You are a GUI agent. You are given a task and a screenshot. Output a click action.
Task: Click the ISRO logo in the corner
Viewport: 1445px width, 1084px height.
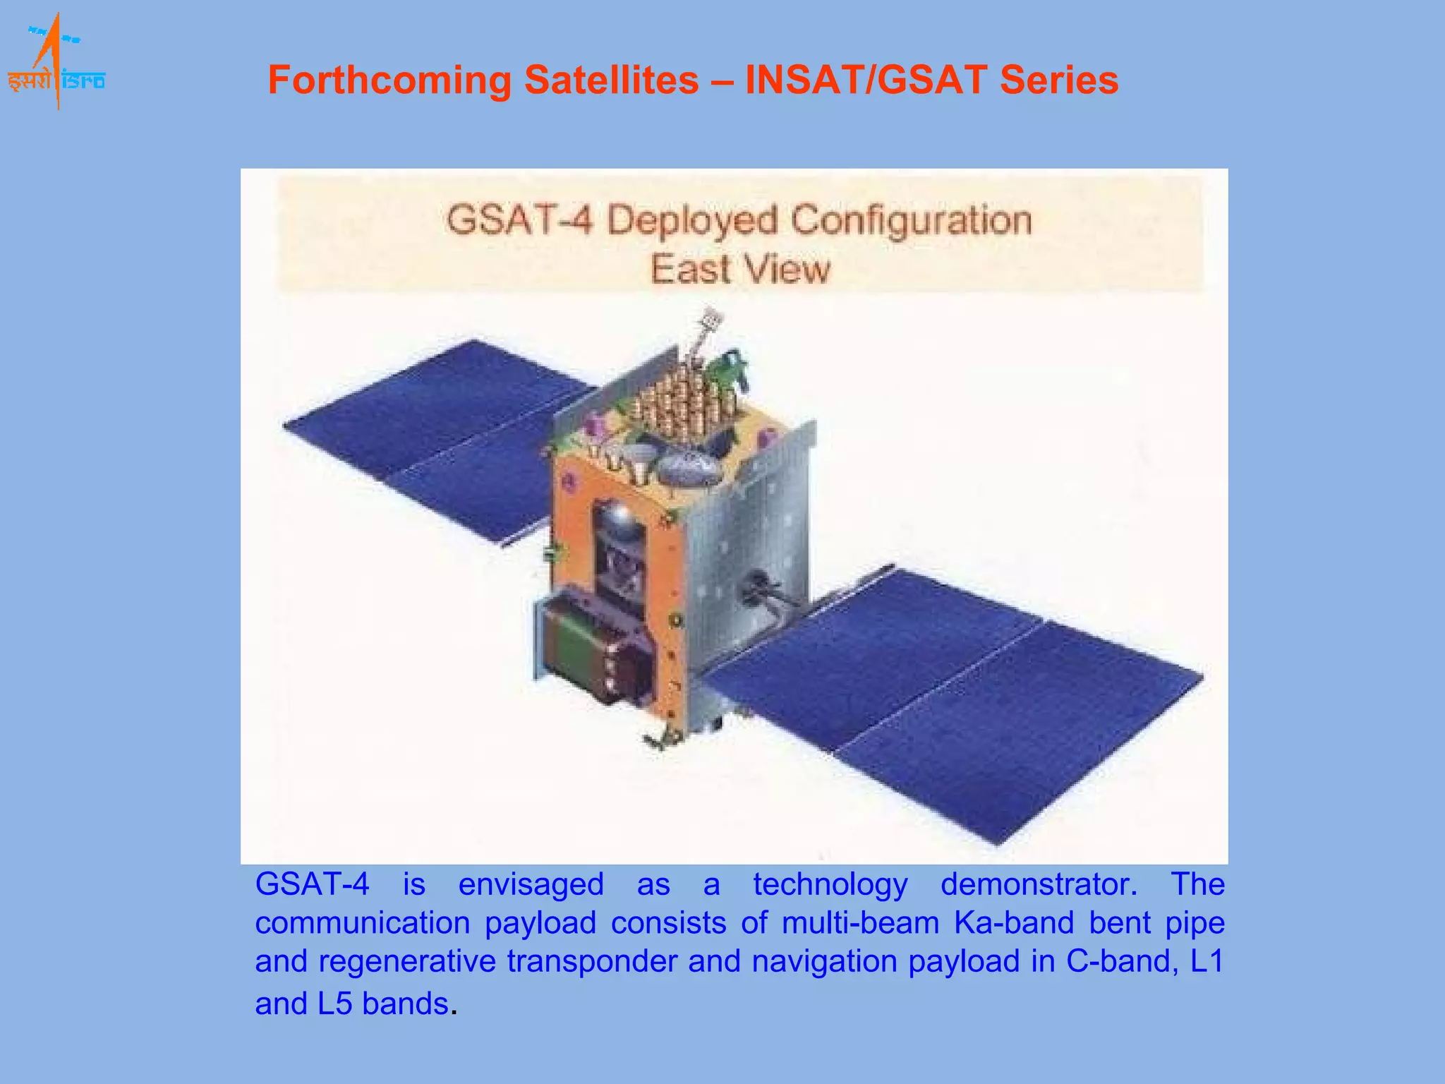[x=56, y=64]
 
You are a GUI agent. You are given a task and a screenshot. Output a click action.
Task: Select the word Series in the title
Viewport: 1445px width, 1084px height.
[x=1058, y=80]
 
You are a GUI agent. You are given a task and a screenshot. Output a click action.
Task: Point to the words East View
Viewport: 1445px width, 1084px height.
[x=740, y=270]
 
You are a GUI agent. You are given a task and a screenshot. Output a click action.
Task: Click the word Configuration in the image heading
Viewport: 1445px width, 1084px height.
[x=911, y=219]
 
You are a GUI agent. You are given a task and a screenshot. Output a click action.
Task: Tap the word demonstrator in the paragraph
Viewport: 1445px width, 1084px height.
[x=1039, y=884]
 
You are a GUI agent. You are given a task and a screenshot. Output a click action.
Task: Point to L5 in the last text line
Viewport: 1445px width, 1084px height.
[x=334, y=1004]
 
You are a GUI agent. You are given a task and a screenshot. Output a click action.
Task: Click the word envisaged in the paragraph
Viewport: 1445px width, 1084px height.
[x=531, y=884]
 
